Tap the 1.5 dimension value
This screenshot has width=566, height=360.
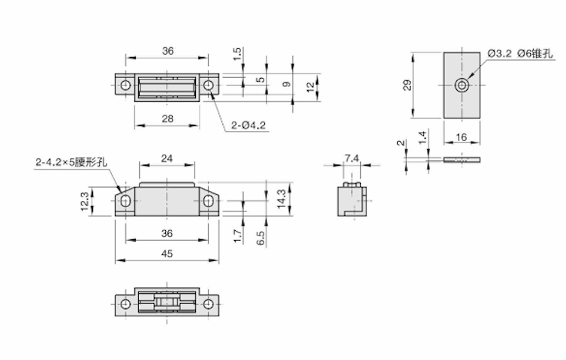(237, 54)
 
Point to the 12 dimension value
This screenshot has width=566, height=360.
(309, 86)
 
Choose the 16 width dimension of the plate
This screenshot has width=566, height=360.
(461, 137)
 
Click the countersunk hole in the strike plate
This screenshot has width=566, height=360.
(460, 85)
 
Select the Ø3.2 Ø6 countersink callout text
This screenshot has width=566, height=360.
(519, 54)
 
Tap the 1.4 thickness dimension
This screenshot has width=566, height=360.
(423, 136)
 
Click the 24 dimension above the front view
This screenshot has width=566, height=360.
(167, 158)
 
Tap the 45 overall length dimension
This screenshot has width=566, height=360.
(167, 254)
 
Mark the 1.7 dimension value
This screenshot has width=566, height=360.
(237, 235)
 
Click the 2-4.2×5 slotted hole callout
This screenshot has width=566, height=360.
(71, 160)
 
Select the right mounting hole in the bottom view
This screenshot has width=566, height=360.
(209, 304)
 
